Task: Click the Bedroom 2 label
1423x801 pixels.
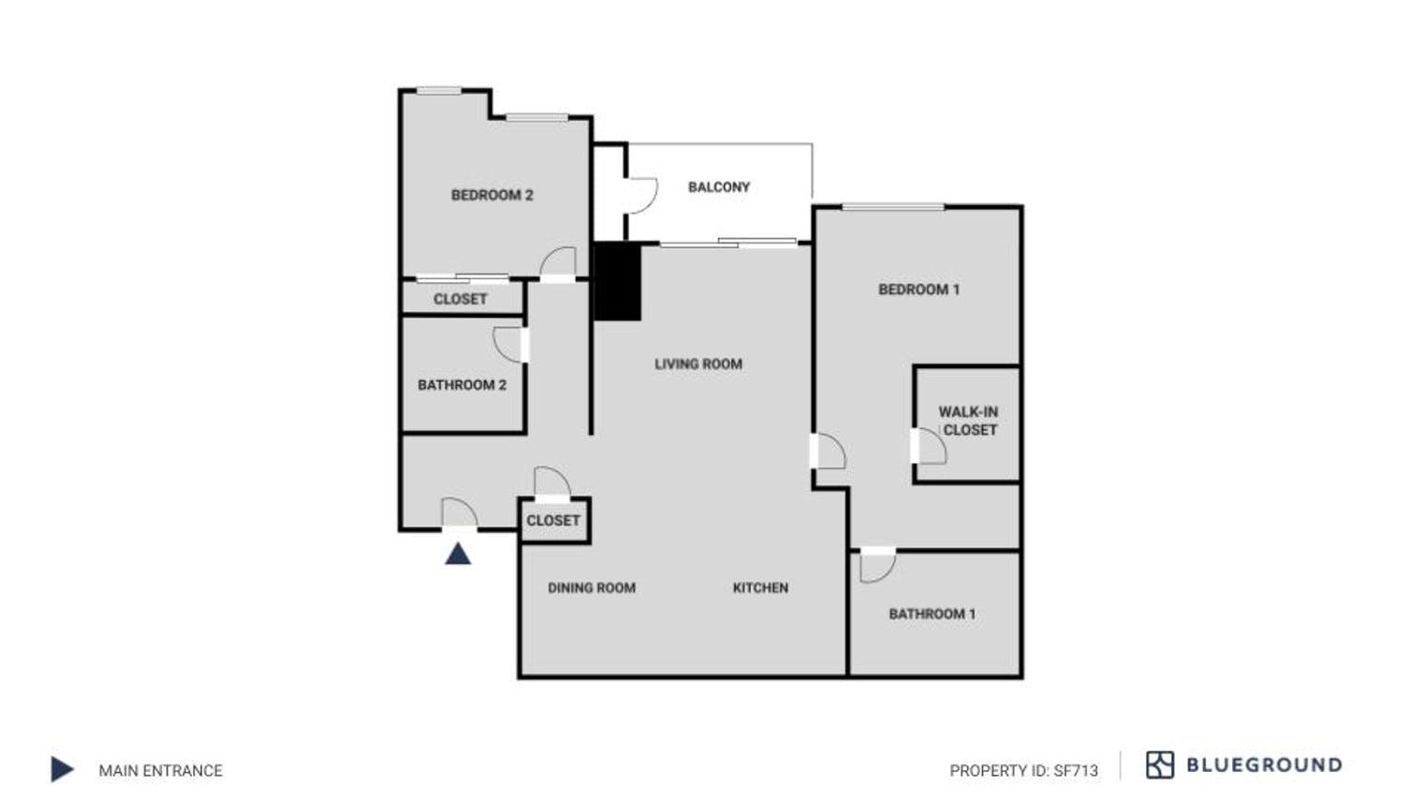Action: point(491,195)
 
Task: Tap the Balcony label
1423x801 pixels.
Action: point(719,186)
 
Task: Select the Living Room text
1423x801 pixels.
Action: point(698,363)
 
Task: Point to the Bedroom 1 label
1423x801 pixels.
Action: point(918,289)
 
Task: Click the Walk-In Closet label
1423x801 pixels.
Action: point(969,421)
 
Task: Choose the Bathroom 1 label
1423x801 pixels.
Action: point(932,614)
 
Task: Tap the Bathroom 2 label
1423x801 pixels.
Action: point(462,384)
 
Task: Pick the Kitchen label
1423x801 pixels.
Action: point(760,587)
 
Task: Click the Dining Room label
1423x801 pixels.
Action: point(592,587)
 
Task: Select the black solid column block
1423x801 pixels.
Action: point(618,281)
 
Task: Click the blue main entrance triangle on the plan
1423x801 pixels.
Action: point(458,554)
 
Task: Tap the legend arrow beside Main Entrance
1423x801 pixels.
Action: point(62,769)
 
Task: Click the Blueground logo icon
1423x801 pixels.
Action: point(1160,764)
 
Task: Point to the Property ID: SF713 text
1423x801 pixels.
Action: point(1023,770)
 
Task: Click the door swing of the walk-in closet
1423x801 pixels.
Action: point(932,447)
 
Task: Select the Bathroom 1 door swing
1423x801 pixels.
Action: point(876,566)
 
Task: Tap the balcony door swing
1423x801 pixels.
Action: point(642,196)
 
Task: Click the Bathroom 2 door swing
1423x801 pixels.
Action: point(507,345)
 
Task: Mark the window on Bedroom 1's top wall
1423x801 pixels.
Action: point(892,206)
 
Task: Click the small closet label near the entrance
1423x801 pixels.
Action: point(552,520)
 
